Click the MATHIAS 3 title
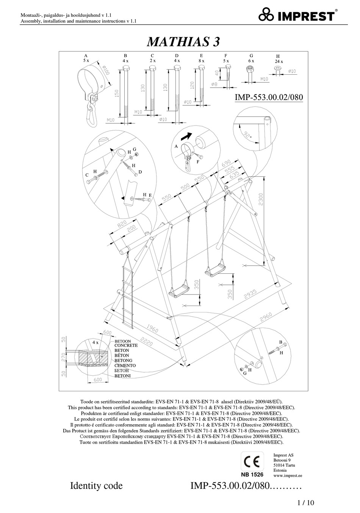183,41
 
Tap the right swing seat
214,270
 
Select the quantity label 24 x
279,61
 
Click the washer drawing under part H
278,69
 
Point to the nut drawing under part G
250,69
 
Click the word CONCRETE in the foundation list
126,346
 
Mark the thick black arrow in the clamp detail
186,135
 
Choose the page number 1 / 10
306,503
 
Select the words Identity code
96,486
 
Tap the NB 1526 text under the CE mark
252,474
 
